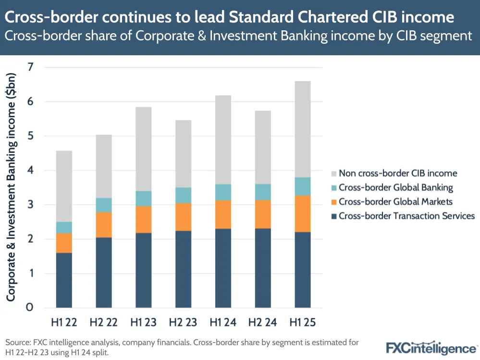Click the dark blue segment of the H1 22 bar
click(64, 280)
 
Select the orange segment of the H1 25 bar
click(303, 214)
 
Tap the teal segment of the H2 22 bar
click(104, 205)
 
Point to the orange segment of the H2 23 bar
click(184, 217)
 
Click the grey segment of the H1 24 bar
click(223, 140)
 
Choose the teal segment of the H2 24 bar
click(263, 192)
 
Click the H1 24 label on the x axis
click(223, 322)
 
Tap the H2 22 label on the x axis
click(104, 322)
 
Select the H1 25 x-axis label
click(303, 322)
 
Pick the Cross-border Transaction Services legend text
click(406, 216)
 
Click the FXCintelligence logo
click(431, 347)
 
